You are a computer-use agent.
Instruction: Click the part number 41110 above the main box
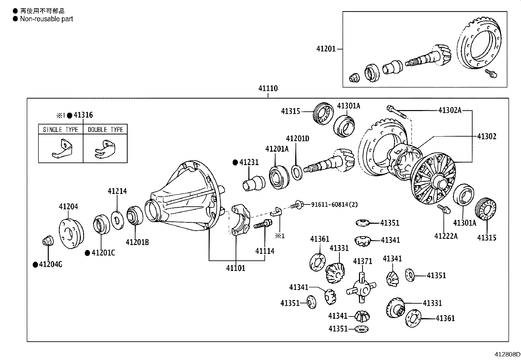(268, 88)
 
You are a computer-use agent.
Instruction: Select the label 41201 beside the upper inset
(326, 49)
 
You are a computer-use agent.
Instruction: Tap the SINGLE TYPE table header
(61, 130)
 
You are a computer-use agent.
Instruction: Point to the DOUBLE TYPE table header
(105, 130)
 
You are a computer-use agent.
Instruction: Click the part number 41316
(83, 115)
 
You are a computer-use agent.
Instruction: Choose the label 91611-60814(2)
(334, 204)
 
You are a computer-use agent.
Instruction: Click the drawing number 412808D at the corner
(507, 354)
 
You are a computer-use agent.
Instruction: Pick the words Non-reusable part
(46, 19)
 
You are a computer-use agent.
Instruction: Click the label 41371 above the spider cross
(363, 261)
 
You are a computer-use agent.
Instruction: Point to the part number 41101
(235, 268)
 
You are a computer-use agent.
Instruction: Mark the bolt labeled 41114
(263, 225)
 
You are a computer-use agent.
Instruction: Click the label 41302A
(450, 110)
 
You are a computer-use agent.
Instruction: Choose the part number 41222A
(446, 236)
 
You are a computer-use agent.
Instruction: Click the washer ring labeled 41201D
(296, 172)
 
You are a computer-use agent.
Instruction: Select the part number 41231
(249, 162)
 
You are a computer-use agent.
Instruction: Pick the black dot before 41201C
(87, 253)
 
